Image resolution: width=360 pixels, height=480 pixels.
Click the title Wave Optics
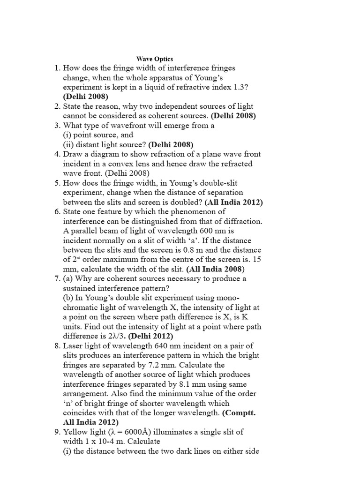coord(155,59)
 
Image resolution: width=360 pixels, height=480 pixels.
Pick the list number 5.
coord(57,183)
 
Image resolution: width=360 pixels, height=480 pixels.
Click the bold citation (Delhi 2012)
coord(151,336)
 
